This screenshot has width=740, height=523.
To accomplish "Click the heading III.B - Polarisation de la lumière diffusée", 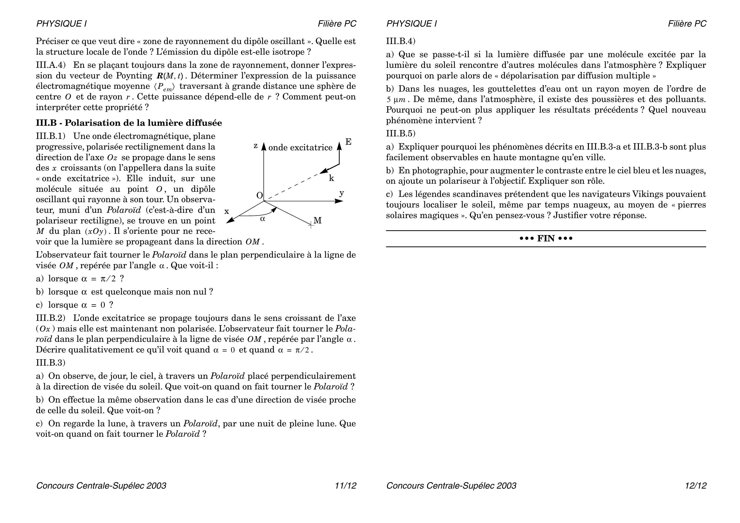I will (x=129, y=123).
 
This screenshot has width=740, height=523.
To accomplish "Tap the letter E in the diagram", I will (x=348, y=142).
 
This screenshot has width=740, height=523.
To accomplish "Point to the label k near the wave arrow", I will (x=331, y=178).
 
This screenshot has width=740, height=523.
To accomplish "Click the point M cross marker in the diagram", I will (x=311, y=225).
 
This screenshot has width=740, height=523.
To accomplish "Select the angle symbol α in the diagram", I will (x=263, y=219).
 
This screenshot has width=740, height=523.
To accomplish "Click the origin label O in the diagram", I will (x=259, y=195).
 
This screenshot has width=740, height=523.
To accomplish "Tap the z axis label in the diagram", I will (x=256, y=146).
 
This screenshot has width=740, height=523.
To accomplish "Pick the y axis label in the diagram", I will (x=342, y=193).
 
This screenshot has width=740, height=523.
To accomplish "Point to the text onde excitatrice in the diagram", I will (x=300, y=148).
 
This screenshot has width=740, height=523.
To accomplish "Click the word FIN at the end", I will (x=546, y=239).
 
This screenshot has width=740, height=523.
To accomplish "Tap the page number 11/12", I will (x=345, y=486).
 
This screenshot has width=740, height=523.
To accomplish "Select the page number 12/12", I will (x=695, y=486).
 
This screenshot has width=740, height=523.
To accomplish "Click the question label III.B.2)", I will (x=51, y=318).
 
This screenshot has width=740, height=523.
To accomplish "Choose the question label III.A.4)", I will (x=51, y=65).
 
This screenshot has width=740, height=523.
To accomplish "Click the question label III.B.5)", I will (x=401, y=133).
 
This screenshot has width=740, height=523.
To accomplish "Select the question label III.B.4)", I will (x=401, y=41).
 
